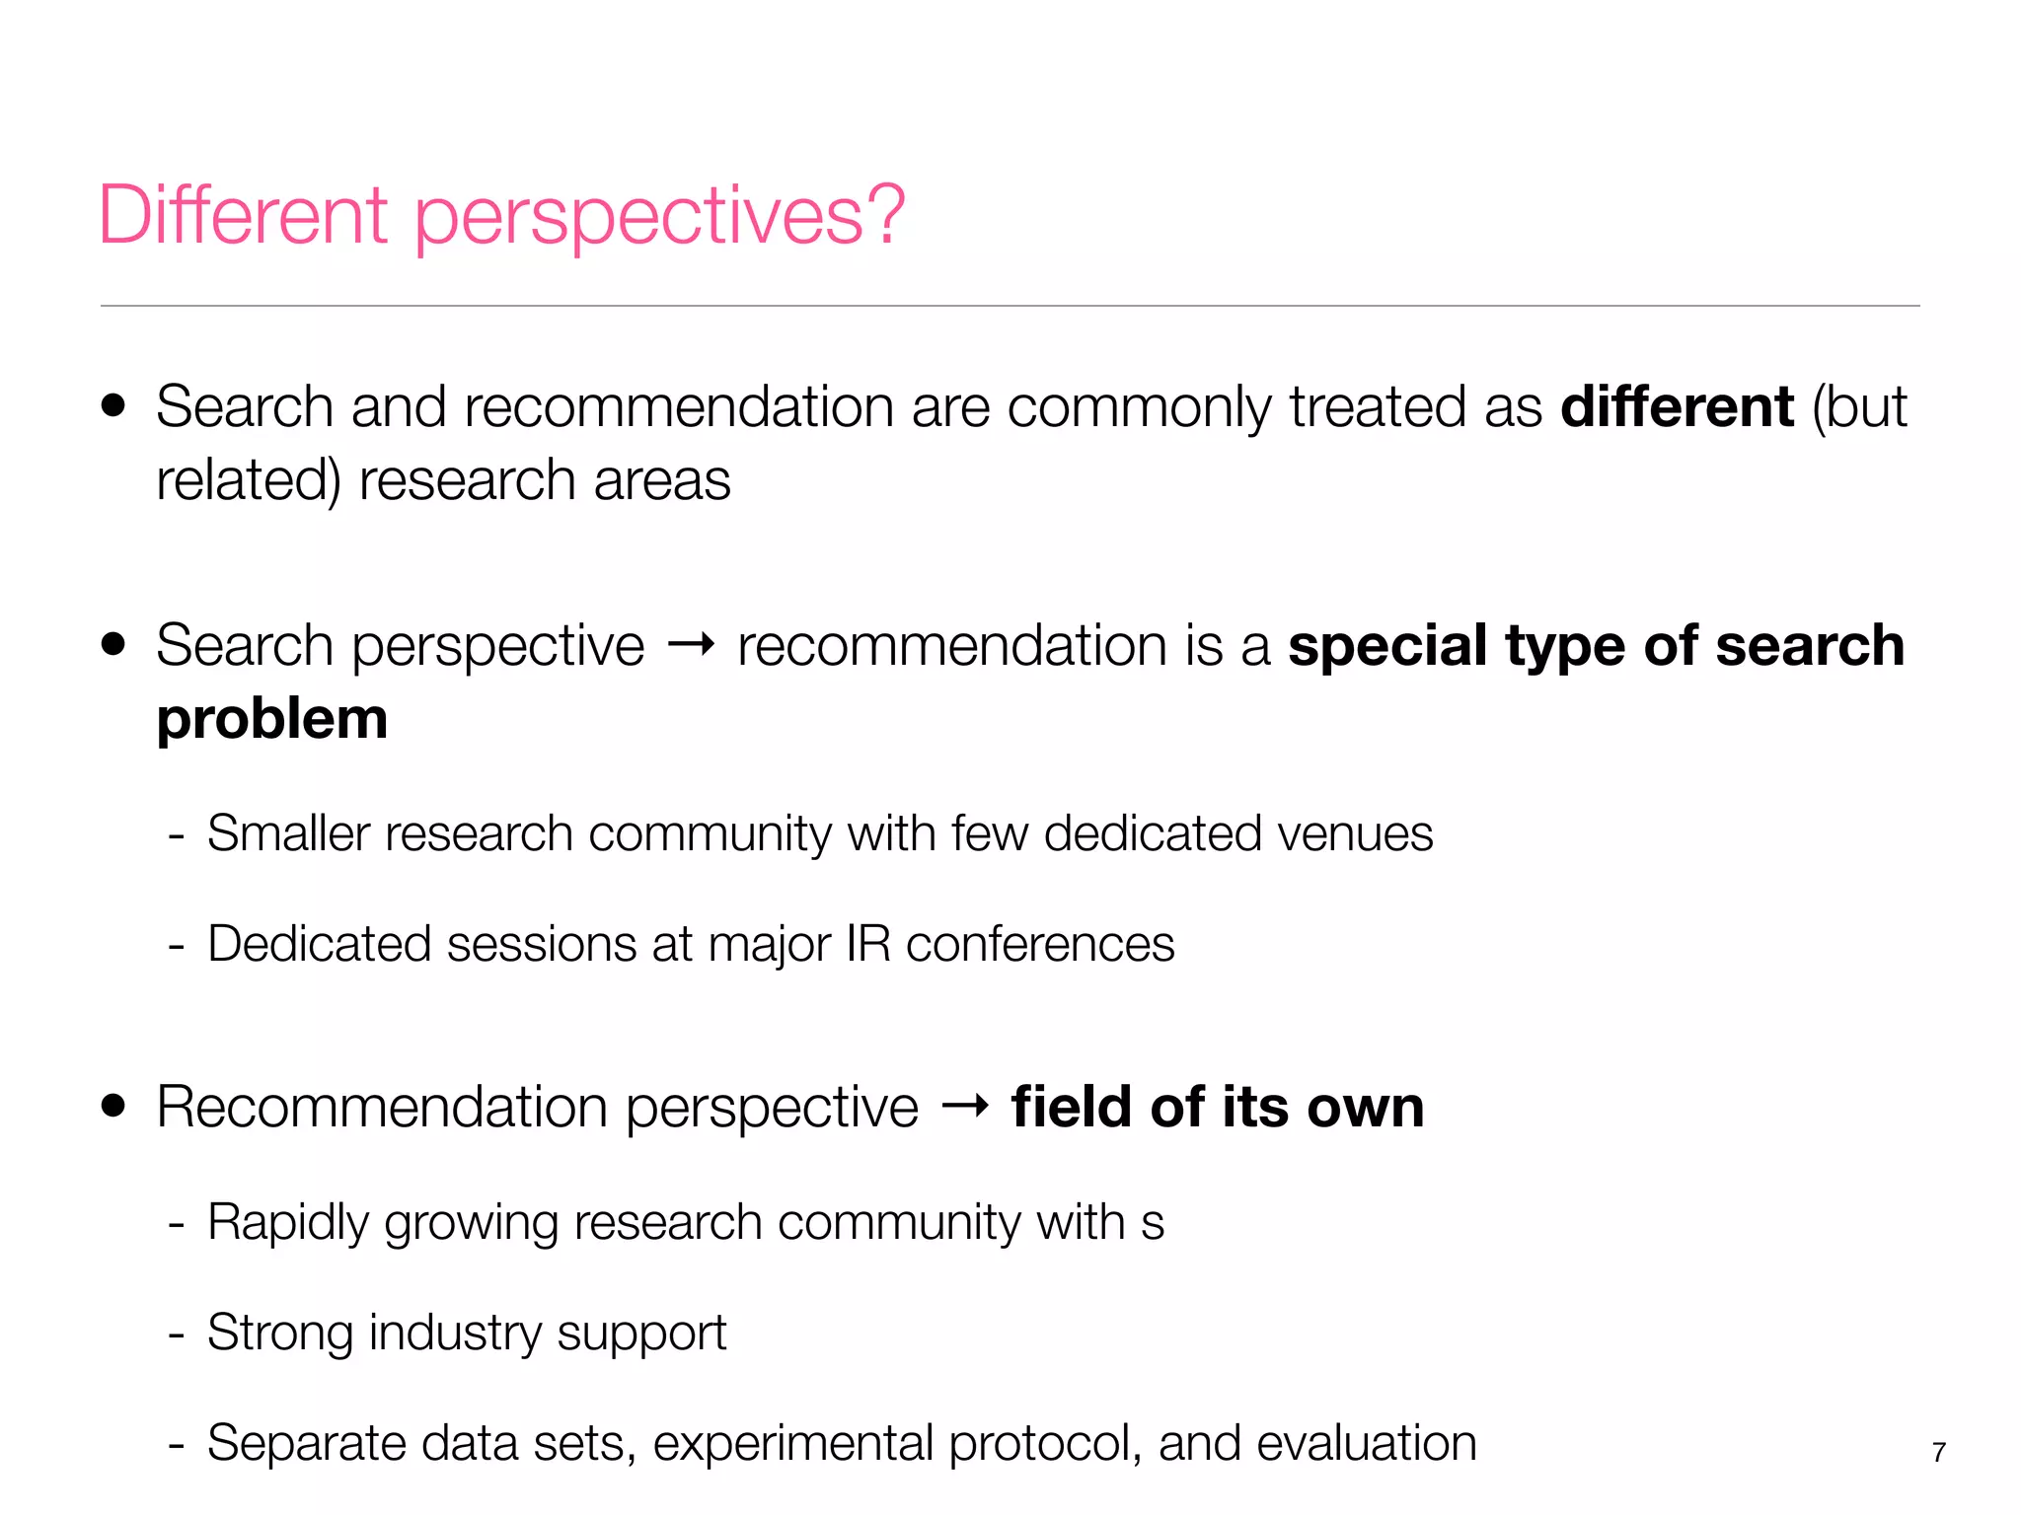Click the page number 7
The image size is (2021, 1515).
click(x=1938, y=1452)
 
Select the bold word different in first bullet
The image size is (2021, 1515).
click(x=1677, y=406)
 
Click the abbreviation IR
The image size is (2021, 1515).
click(x=868, y=944)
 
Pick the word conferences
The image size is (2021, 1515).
click(x=1040, y=944)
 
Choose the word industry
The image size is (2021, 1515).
click(x=455, y=1334)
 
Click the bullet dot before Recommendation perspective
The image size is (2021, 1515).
click(x=113, y=1106)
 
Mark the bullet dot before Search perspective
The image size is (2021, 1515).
click(x=113, y=644)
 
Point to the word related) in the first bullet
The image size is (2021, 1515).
click(x=249, y=481)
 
